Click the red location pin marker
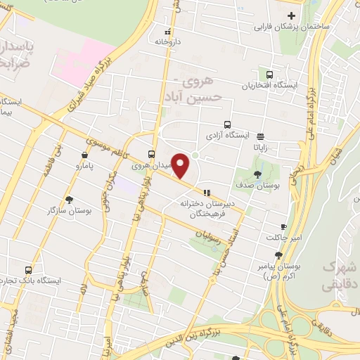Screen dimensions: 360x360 [181, 164]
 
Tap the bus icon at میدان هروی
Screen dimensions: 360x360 [152, 155]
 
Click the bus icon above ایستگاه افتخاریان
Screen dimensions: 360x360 [269, 75]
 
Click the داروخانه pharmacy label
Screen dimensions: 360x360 [169, 41]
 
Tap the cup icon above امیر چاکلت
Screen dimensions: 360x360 [283, 226]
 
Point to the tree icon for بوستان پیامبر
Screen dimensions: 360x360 [279, 255]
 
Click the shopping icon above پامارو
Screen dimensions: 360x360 [84, 155]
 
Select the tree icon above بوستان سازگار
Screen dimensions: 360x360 [68, 199]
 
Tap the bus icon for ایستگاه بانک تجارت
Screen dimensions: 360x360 [29, 269]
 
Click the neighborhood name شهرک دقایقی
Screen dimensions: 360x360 [340, 277]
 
